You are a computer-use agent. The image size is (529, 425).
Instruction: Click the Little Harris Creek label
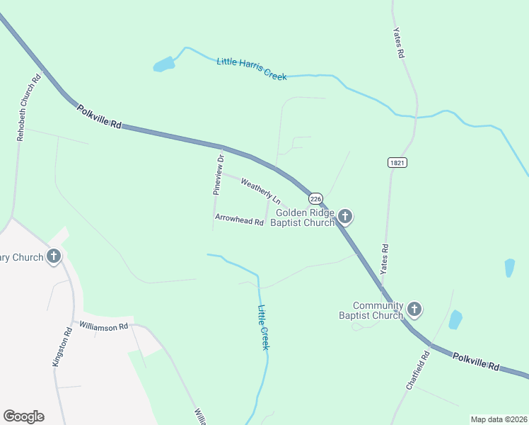[x=251, y=69]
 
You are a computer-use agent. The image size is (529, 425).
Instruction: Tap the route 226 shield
[x=315, y=199]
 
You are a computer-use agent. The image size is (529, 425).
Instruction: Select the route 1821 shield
[x=397, y=162]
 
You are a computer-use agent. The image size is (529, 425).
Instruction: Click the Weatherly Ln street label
[x=260, y=191]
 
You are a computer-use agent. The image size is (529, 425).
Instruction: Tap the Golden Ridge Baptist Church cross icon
[x=344, y=217]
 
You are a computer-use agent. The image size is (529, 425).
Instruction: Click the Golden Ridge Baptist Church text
[x=304, y=217]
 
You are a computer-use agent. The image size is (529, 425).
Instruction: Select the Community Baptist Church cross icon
[x=414, y=310]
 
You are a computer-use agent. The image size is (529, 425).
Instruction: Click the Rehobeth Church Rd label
[x=30, y=106]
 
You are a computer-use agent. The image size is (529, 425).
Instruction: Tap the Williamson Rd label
[x=103, y=327]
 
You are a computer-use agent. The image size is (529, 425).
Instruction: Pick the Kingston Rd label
[x=63, y=346]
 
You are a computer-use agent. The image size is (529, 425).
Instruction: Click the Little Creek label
[x=263, y=327]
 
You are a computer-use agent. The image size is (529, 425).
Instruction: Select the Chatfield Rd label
[x=419, y=370]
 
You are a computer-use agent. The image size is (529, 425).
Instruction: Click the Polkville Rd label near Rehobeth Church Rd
[x=100, y=116]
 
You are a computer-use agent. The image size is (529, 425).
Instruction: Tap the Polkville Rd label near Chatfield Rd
[x=477, y=361]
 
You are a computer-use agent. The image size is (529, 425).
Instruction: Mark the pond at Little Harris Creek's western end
[x=164, y=65]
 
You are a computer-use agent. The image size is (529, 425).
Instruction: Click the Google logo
[x=23, y=416]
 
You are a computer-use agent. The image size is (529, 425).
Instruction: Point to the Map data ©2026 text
[x=498, y=419]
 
